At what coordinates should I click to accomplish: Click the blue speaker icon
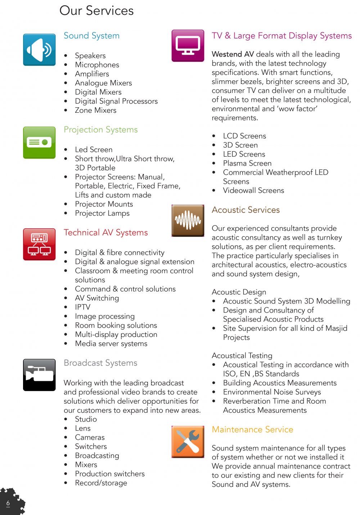click(39, 50)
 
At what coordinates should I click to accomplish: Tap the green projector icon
click(39, 143)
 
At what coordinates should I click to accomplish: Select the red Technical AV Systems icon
click(39, 244)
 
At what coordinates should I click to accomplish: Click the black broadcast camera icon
click(39, 375)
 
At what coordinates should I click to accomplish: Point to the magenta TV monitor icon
click(188, 46)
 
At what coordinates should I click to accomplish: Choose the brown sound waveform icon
click(188, 220)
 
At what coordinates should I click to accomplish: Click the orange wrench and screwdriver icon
click(188, 442)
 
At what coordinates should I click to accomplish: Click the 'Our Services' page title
click(96, 11)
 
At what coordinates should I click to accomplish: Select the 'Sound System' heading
click(91, 36)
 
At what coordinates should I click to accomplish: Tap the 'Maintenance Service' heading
click(252, 429)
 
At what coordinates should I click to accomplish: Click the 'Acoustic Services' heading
click(246, 210)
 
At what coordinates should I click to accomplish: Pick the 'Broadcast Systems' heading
click(100, 363)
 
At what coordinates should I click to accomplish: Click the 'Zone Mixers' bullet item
click(95, 110)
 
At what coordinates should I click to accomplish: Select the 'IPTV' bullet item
click(82, 307)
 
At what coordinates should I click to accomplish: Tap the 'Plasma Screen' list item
click(247, 163)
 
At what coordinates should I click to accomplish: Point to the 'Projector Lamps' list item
click(102, 213)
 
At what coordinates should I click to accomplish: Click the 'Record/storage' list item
click(101, 483)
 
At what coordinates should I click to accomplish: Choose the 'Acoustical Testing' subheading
click(242, 355)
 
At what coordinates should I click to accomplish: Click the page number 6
click(8, 503)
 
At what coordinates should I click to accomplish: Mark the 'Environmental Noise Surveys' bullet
click(272, 392)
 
